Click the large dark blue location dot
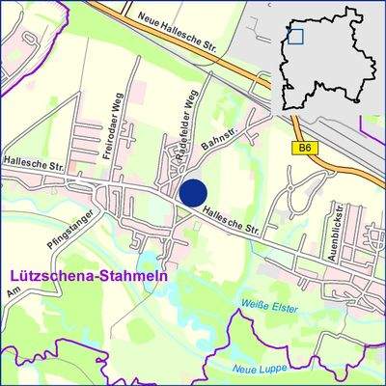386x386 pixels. (x=193, y=192)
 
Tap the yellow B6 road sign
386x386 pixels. (x=305, y=148)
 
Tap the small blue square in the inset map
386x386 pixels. (x=295, y=37)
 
